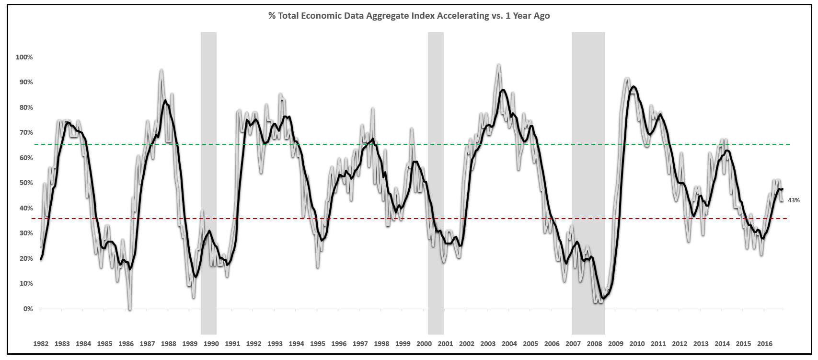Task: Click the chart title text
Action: [x=409, y=16]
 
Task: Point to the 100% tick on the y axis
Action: [x=24, y=57]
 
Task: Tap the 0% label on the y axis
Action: [x=28, y=309]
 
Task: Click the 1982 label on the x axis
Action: [x=41, y=344]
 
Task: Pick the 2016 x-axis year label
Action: [x=764, y=344]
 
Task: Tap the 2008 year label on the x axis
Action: [x=594, y=344]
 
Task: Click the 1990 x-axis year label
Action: [x=211, y=344]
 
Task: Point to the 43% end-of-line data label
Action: [x=794, y=200]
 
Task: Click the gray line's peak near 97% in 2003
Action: [x=499, y=65]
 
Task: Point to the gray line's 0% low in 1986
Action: [x=130, y=309]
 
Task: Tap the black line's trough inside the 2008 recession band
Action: [x=603, y=298]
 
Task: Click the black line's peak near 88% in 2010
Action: [x=634, y=87]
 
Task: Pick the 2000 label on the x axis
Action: [x=424, y=344]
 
